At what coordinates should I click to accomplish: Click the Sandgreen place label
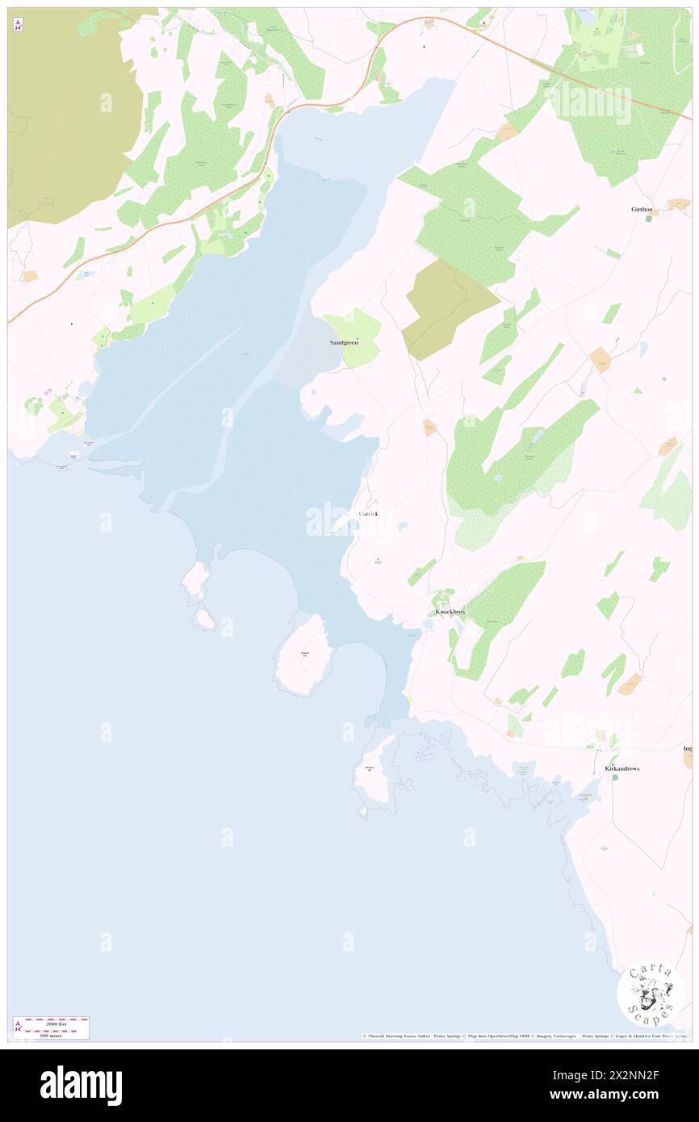pos(344,342)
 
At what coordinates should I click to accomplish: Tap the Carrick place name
pos(368,513)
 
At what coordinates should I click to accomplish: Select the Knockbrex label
pos(450,612)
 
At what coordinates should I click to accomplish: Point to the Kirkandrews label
pos(622,768)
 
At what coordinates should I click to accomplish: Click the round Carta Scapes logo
pos(651,993)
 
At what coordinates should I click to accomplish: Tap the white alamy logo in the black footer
pos(81,1086)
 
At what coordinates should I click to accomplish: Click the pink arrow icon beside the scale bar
pos(17,1027)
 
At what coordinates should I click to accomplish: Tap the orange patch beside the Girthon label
pos(678,203)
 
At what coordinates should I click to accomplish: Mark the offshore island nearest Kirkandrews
pos(373,772)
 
